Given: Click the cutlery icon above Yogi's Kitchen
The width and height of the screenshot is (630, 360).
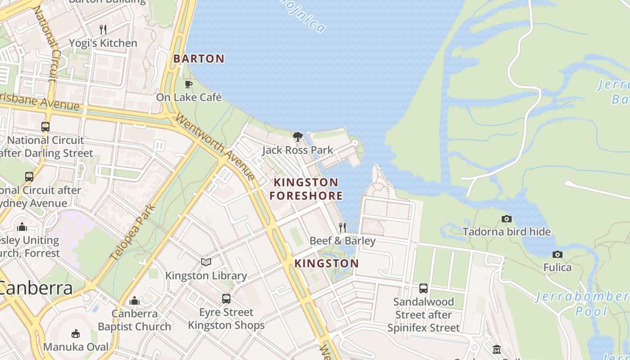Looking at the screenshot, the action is (x=103, y=30).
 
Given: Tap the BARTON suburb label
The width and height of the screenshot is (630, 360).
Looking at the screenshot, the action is (x=198, y=58).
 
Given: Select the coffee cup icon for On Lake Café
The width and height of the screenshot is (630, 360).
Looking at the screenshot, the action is (x=189, y=84).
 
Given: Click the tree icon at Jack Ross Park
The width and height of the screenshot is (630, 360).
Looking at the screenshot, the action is (x=297, y=136).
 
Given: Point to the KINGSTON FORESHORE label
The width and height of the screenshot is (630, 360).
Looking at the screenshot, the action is (x=306, y=189).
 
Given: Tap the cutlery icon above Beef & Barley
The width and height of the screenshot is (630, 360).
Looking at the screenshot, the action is (x=342, y=228).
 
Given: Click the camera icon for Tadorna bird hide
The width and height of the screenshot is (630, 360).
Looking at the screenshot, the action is (x=507, y=219).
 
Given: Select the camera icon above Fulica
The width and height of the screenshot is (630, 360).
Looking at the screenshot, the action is (x=558, y=255).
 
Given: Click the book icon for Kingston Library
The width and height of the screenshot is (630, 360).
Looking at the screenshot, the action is (x=206, y=262).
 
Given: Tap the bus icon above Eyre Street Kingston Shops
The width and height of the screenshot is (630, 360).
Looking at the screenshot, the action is (x=226, y=298).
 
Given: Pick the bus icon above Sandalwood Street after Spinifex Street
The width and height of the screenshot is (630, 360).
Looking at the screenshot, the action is (x=423, y=288).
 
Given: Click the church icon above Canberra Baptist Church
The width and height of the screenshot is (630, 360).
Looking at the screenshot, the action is (x=135, y=301).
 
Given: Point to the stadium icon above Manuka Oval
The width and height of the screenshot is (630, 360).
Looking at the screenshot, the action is (x=76, y=334).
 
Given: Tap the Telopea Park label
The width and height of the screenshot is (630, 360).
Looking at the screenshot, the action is (x=133, y=233).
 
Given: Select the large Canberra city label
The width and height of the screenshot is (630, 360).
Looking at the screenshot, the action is (x=36, y=288).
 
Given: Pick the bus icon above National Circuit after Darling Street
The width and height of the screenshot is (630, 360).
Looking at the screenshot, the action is (x=45, y=127).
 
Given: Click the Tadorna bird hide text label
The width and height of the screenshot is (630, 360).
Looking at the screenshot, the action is (x=507, y=232).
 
